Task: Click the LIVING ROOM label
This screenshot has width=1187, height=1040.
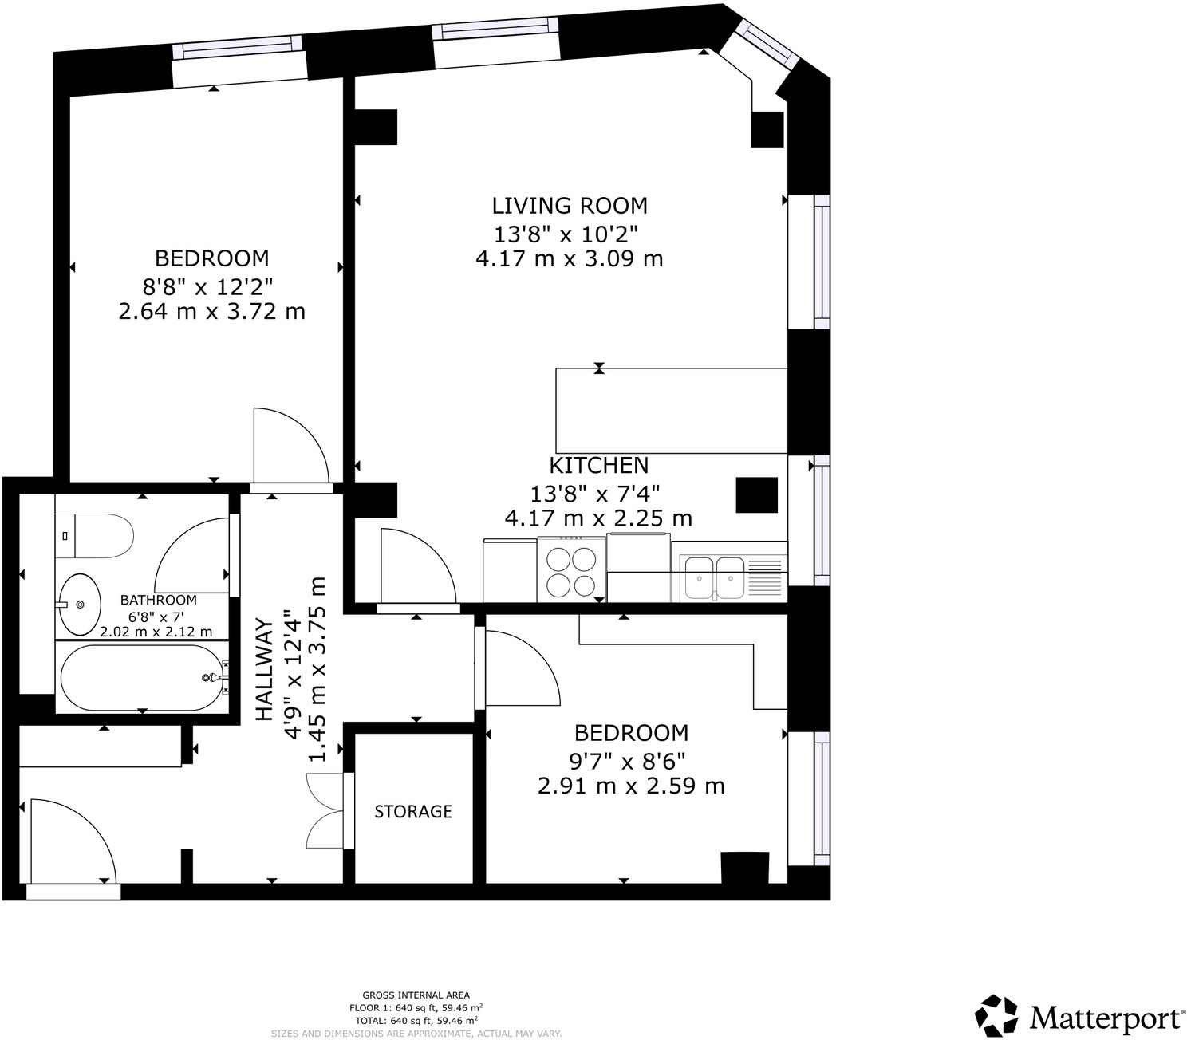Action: [x=569, y=206]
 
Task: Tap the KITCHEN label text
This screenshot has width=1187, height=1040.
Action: [x=598, y=466]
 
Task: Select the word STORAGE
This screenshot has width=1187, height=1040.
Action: [x=413, y=811]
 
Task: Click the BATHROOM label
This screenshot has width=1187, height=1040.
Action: [x=158, y=600]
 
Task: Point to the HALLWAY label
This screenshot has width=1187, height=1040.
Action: [x=265, y=670]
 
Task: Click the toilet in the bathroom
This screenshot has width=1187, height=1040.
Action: [x=94, y=536]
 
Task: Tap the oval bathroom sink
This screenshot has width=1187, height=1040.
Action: [x=81, y=605]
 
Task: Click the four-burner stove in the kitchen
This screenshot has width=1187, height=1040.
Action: [x=571, y=569]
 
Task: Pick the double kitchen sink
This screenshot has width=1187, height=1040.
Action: [x=715, y=577]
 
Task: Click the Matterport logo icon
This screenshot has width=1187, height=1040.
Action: [x=996, y=1015]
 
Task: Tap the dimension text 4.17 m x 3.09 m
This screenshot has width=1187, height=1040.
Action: [x=569, y=259]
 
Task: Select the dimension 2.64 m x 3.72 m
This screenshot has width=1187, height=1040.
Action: [x=211, y=312]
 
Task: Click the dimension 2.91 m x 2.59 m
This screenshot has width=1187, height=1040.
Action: [x=631, y=786]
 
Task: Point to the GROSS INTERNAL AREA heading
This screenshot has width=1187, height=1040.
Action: [x=416, y=995]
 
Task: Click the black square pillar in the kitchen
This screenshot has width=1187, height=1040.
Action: [x=756, y=495]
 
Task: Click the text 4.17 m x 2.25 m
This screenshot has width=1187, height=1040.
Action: [x=598, y=518]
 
